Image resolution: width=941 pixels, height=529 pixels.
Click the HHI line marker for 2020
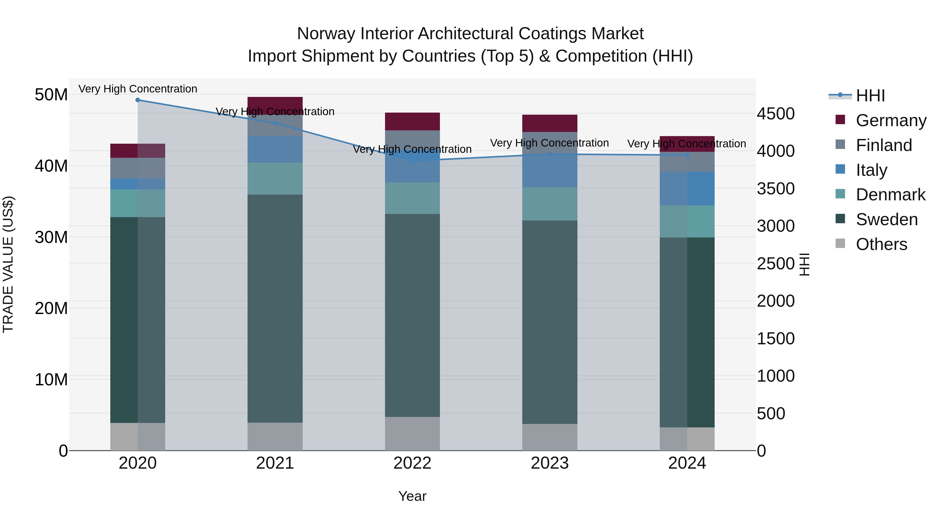(x=138, y=100)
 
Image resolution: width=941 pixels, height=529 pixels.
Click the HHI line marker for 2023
(x=549, y=154)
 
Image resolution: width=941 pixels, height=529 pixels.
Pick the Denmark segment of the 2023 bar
(x=549, y=204)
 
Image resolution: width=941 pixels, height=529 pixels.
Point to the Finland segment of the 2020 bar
(x=138, y=168)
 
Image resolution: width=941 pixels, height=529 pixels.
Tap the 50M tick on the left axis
(x=51, y=95)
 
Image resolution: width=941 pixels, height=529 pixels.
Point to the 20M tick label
(x=51, y=309)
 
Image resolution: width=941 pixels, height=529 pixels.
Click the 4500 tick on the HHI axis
(x=775, y=114)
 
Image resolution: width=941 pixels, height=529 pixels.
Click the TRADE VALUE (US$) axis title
(x=8, y=264)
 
